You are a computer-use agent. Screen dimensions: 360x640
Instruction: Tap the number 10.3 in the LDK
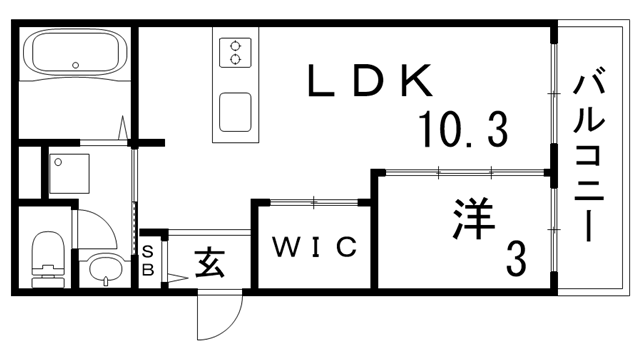461,129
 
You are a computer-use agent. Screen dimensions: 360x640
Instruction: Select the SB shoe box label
147,259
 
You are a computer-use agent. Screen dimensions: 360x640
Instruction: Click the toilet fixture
46,258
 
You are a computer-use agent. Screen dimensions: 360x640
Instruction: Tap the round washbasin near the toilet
103,268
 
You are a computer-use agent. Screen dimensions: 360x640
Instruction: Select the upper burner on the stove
236,44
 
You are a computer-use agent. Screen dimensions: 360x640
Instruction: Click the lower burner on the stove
236,59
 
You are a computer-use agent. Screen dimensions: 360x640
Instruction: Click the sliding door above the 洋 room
466,172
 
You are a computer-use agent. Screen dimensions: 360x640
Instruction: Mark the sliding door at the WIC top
313,202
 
